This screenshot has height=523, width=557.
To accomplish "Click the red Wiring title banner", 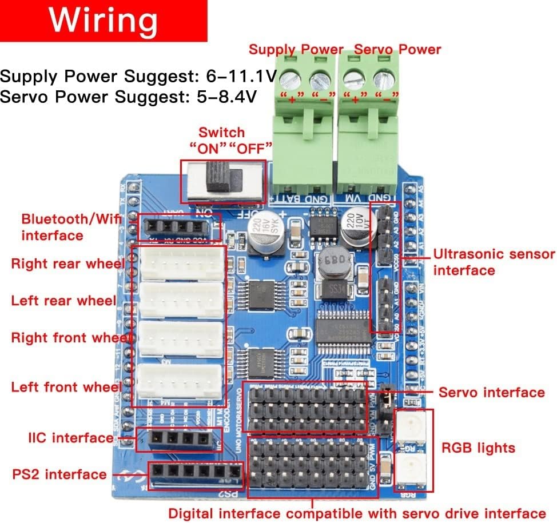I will click(103, 21).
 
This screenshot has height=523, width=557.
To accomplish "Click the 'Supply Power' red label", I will click(296, 50).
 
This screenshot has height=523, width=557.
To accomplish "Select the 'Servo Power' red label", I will click(397, 50).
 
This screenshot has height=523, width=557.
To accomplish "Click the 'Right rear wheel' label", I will click(67, 264).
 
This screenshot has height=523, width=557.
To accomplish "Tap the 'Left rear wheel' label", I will click(63, 301).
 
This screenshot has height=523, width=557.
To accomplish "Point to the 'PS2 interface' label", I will click(59, 474).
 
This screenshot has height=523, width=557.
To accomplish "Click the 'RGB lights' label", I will click(478, 448).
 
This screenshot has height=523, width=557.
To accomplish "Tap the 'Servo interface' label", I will click(491, 392).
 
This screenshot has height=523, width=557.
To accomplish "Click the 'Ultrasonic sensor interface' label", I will click(494, 262).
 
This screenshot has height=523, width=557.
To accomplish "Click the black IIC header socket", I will click(179, 440).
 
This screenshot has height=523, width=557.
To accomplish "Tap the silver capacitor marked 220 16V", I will click(262, 233).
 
